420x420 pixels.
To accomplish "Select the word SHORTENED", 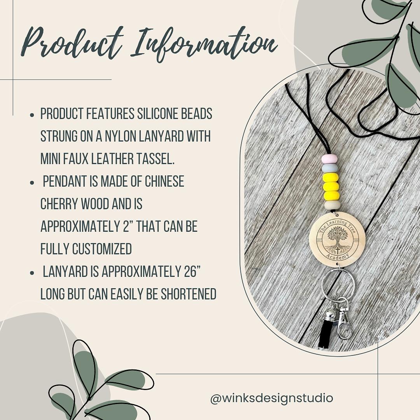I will pyautogui.click(x=183, y=294).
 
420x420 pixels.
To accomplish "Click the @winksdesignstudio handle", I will pyautogui.click(x=271, y=398).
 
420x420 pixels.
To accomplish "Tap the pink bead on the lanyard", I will pyautogui.click(x=329, y=159).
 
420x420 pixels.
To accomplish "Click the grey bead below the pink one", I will pyautogui.click(x=330, y=168).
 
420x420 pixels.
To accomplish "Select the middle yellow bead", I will pyautogui.click(x=331, y=186).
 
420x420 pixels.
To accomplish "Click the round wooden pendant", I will pyautogui.click(x=337, y=239).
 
